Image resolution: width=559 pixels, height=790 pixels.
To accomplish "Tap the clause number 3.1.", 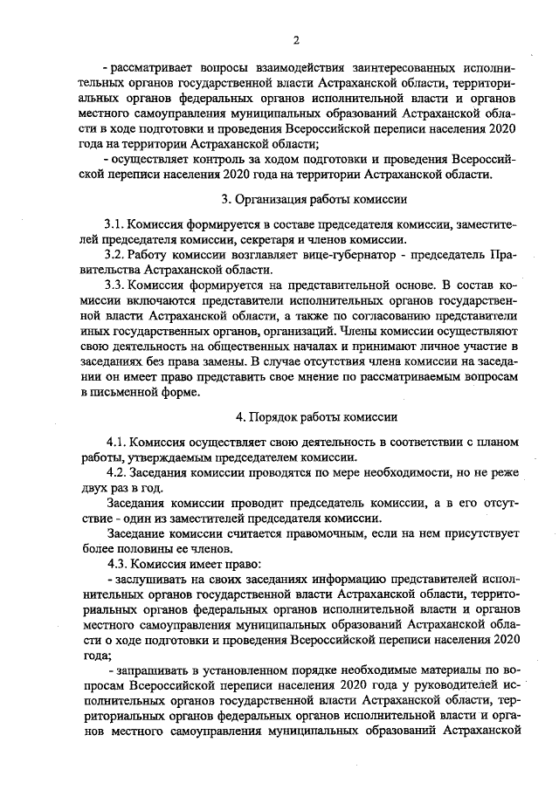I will (114, 225).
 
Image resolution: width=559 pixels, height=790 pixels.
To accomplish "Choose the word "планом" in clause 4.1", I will (500, 442).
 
